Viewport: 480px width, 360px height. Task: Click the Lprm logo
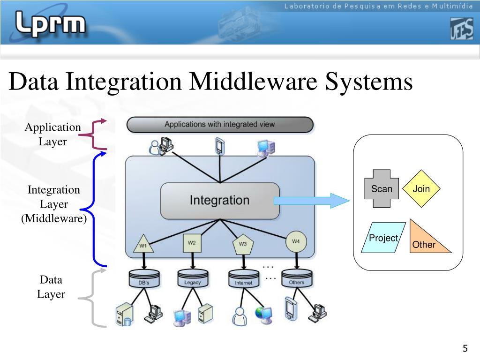coord(51,23)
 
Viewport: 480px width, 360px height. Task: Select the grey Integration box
coord(219,200)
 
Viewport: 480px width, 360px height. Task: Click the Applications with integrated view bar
coord(219,125)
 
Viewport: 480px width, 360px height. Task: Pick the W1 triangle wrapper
coord(143,244)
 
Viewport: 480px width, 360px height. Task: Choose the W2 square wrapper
coord(192,243)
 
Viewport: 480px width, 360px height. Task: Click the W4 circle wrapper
coord(296,241)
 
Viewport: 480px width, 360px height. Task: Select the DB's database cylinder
coord(144,279)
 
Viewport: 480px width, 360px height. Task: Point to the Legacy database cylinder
coord(193,279)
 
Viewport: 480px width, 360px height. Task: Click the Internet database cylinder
coord(243,279)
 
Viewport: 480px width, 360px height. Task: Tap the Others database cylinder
coord(297,279)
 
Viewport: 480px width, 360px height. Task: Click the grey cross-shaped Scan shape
coord(382,189)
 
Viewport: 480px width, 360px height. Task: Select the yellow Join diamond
coord(421,189)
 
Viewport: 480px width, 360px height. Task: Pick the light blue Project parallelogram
coord(383,238)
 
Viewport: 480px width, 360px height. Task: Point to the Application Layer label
coord(52,135)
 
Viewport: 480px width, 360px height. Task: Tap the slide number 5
coord(465,349)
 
